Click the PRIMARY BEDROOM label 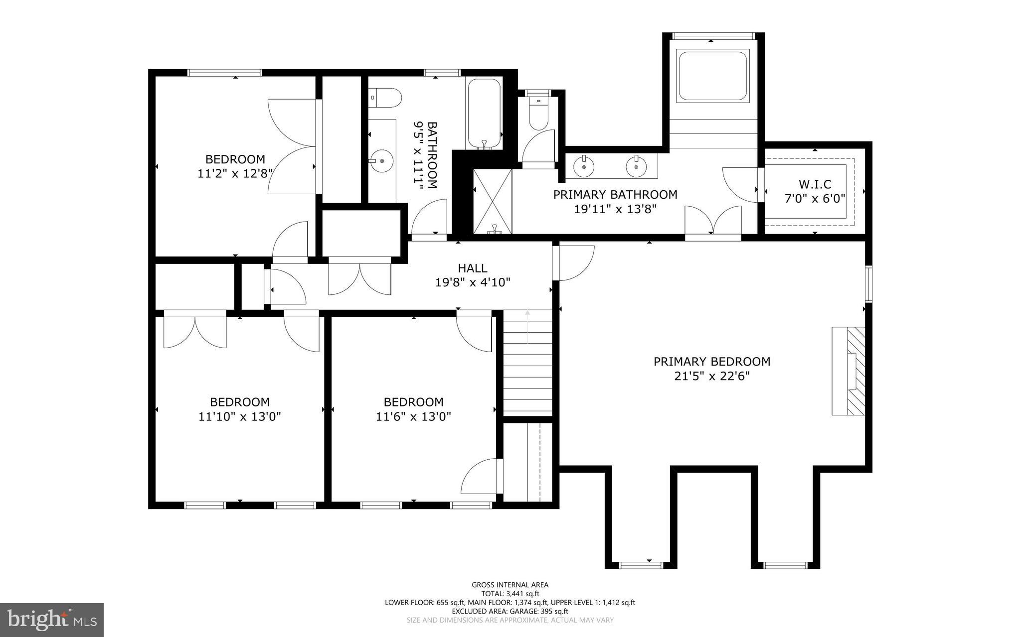coord(711,362)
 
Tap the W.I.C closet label coord(815,185)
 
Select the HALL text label coord(472,268)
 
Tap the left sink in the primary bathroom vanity coord(583,166)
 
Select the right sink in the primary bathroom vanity coord(636,166)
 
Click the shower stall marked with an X coord(493,201)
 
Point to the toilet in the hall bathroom coord(385,98)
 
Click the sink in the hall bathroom coord(381,161)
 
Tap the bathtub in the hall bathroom coord(483,113)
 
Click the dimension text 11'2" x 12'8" coord(235,174)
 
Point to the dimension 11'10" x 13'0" coord(239,416)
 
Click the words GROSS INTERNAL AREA coord(510,585)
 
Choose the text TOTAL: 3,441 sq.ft coord(510,594)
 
